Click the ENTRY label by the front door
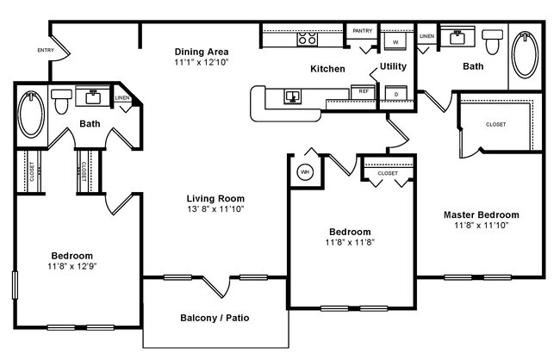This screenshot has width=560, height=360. coord(46,51)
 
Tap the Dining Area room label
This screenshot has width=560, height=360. coord(201,52)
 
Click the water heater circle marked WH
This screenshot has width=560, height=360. coord(304,171)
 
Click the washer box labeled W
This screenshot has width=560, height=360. coord(395,41)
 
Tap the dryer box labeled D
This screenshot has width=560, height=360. coord(395,94)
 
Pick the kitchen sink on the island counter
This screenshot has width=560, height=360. coord(293,95)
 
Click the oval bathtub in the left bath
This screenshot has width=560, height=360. coord(29,115)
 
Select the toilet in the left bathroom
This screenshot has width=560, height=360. coord(61,101)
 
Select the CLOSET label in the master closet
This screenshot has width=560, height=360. coord(496,124)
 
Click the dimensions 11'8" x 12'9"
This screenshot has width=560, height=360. coord(72,268)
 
